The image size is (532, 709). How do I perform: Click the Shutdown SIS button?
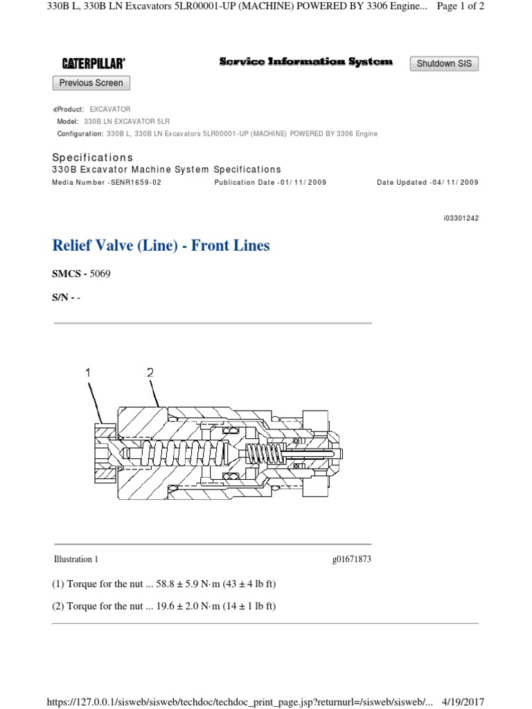click(444, 63)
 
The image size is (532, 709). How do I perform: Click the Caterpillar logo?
click(94, 63)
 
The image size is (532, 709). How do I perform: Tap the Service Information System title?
click(305, 62)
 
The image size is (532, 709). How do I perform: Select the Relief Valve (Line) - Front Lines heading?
click(161, 245)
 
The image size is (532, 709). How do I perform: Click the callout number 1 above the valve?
click(88, 373)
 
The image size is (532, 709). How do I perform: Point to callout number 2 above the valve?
click(150, 373)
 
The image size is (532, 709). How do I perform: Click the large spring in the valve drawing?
click(183, 454)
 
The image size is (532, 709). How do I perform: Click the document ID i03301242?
click(461, 218)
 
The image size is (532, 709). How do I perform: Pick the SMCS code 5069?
click(100, 273)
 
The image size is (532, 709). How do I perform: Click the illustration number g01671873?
click(351, 559)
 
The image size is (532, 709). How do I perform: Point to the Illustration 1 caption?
click(76, 559)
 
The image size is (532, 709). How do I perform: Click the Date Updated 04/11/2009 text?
click(427, 182)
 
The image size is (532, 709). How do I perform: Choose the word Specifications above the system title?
click(92, 157)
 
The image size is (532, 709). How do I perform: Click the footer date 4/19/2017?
click(463, 702)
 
